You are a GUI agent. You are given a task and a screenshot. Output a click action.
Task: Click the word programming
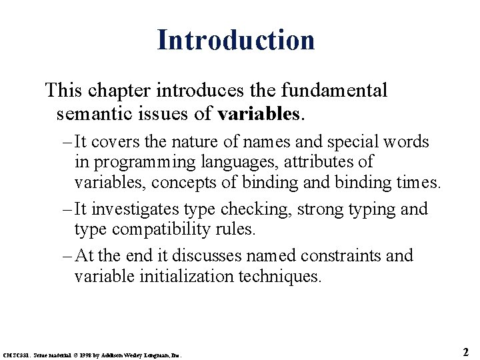pos(133,162)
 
